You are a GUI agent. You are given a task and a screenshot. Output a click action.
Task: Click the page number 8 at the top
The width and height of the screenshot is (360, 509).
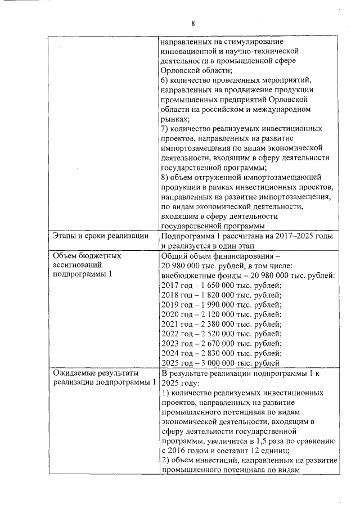click(192, 24)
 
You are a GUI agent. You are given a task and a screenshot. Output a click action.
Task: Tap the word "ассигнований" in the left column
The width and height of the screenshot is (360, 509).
click(77, 264)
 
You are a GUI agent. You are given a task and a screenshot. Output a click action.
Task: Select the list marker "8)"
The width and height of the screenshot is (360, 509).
click(165, 177)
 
